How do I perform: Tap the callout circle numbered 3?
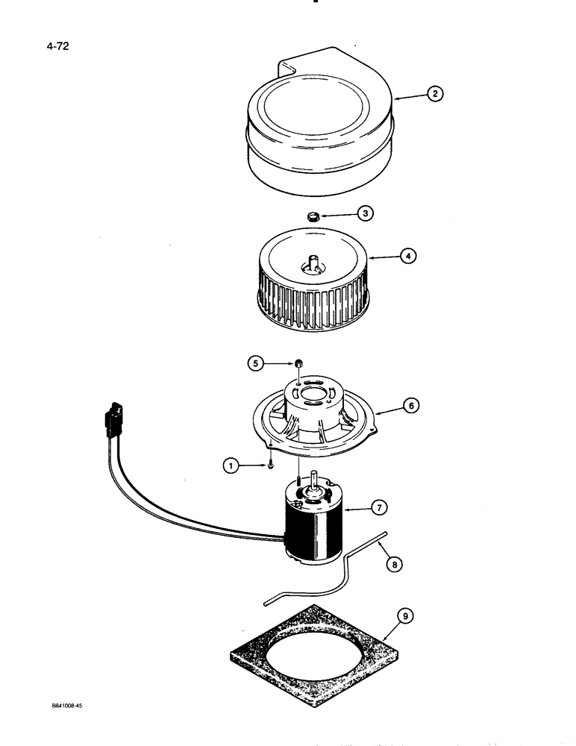tap(364, 213)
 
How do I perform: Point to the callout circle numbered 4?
tap(407, 256)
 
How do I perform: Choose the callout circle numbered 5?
tap(256, 363)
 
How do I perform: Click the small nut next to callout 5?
tap(298, 363)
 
